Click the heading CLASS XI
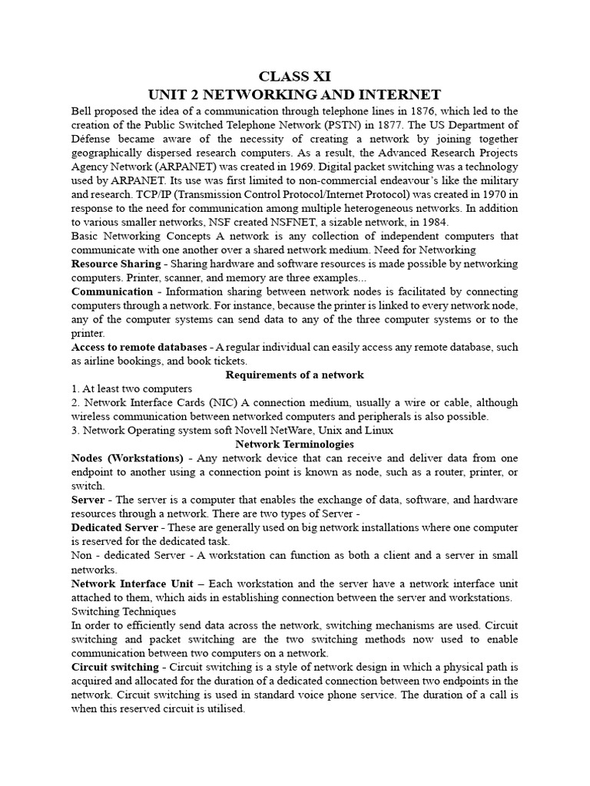tap(294, 76)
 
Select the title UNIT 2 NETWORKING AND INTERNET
tap(294, 94)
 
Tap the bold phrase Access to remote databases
tap(139, 347)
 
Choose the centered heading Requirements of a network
tap(294, 375)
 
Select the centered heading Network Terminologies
tap(294, 444)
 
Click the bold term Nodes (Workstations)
tap(127, 458)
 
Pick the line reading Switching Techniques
tap(124, 612)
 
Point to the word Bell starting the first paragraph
tap(83, 111)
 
